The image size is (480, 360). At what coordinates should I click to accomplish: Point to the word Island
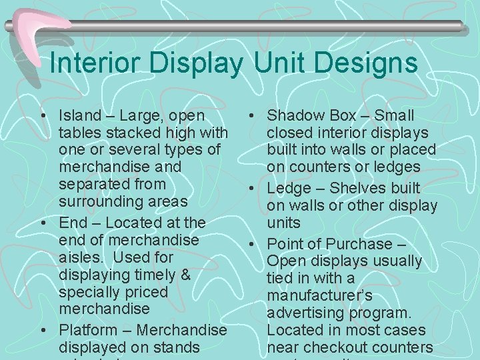point(79,115)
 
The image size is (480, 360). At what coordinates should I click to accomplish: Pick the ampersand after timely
point(185,274)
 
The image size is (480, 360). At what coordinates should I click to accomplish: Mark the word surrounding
point(100,201)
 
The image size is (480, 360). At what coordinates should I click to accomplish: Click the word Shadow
point(294,115)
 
